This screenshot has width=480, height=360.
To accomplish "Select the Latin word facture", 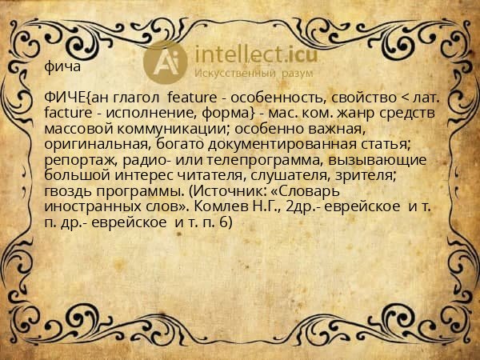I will pyautogui.click(x=73, y=114).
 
